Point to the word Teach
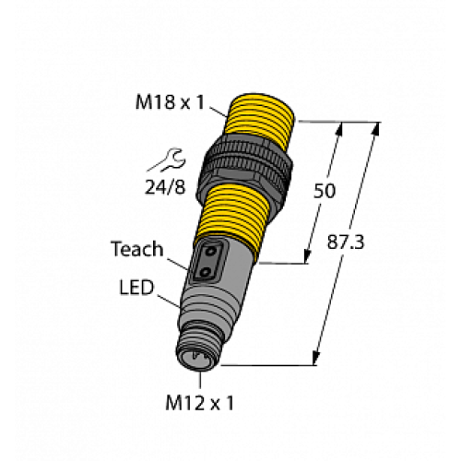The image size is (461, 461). point(136,248)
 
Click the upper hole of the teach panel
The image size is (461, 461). point(210,252)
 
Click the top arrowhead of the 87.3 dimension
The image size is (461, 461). point(374,128)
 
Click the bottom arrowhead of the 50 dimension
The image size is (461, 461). point(308,256)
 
